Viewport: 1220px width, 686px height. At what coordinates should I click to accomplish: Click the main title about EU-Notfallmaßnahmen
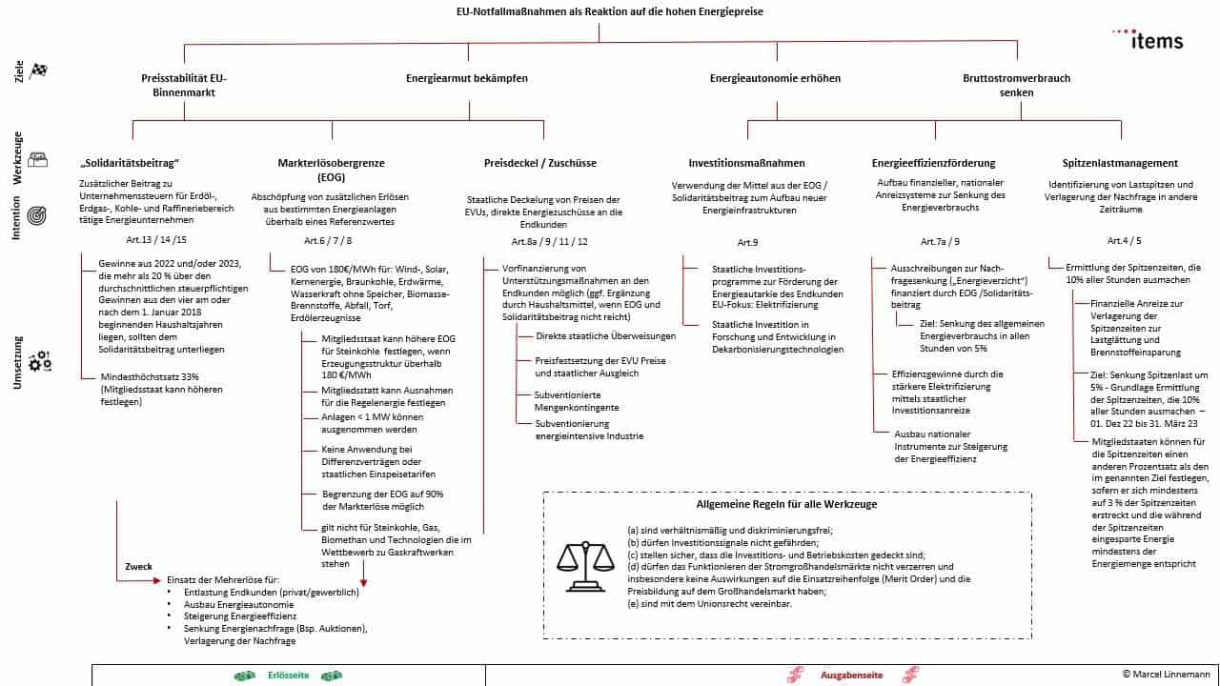tap(609, 11)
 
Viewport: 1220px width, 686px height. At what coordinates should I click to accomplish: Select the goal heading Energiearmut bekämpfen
tap(466, 78)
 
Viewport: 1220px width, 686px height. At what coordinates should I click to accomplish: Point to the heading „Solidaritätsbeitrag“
tap(131, 164)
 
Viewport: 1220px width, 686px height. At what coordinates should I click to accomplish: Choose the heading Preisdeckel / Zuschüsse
tap(539, 164)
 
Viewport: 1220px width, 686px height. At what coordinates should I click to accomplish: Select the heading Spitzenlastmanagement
tap(1120, 164)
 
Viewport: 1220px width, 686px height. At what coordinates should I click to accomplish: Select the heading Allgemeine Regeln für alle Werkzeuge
tap(786, 504)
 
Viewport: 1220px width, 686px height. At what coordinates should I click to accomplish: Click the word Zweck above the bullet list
tap(139, 567)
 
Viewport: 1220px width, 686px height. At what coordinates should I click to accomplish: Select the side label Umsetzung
tap(16, 362)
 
